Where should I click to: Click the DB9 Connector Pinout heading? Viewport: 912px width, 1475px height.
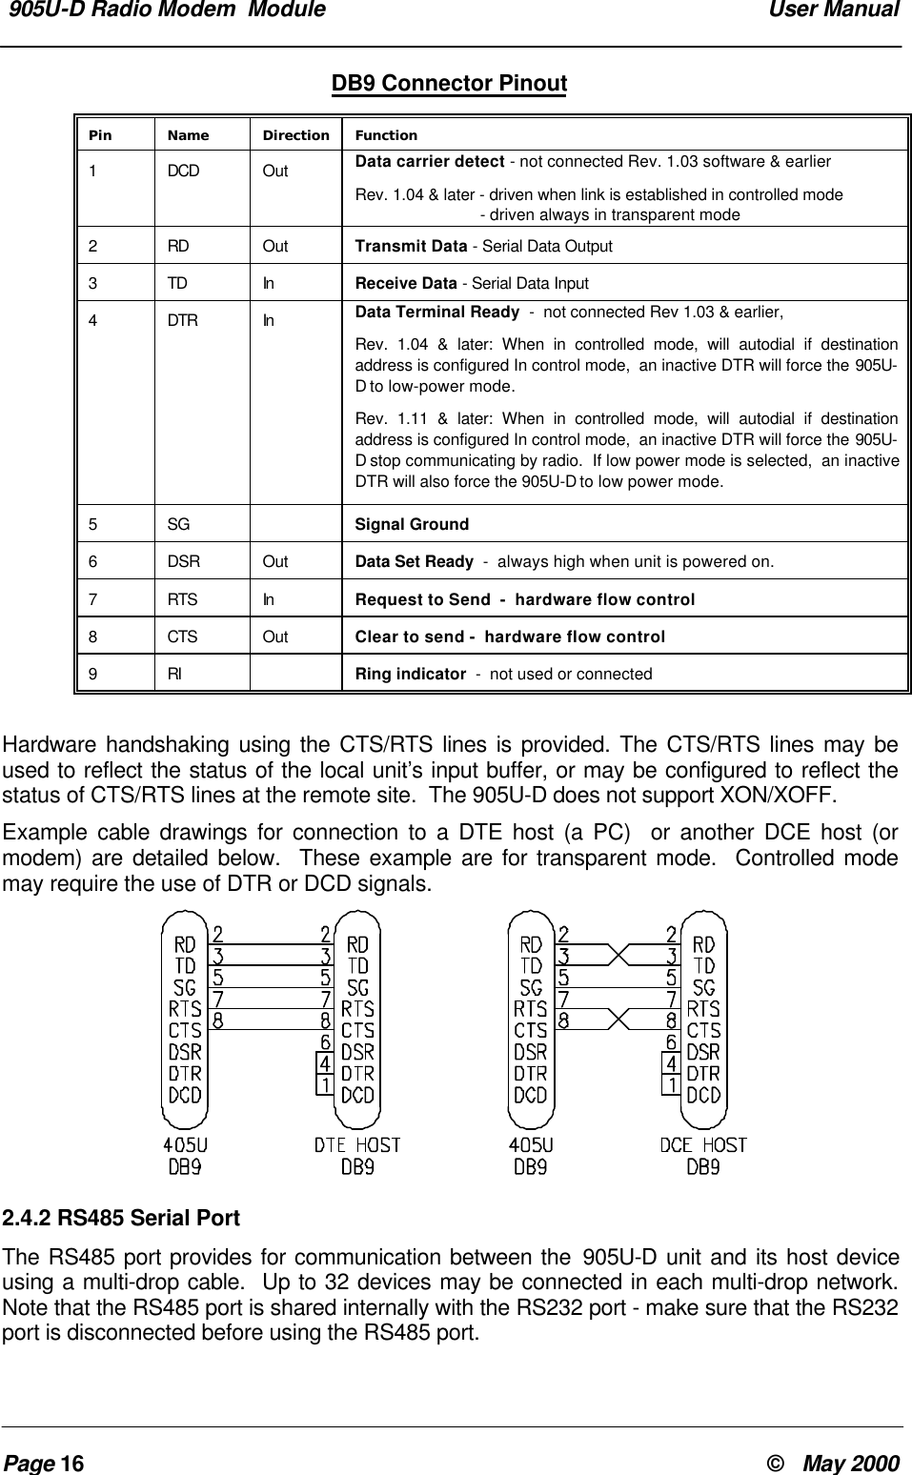[x=448, y=84]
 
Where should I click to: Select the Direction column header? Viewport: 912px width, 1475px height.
[x=295, y=135]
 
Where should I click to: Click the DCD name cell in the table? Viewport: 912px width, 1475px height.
[x=184, y=172]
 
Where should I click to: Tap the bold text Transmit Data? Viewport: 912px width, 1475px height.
[x=411, y=246]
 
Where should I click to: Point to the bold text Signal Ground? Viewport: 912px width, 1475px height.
[x=412, y=524]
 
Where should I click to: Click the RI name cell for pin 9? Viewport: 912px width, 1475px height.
[x=175, y=674]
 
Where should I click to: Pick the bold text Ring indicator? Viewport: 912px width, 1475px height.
[x=410, y=674]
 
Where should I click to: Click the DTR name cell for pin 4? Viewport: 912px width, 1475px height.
[x=183, y=321]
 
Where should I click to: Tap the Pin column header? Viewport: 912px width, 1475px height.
[x=100, y=135]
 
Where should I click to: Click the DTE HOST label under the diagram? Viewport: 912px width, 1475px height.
[x=357, y=1144]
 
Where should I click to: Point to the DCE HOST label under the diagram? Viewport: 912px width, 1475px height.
[x=703, y=1144]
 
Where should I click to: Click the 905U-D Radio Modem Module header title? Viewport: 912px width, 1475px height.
[x=168, y=10]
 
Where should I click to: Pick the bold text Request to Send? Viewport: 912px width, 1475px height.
[x=421, y=599]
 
